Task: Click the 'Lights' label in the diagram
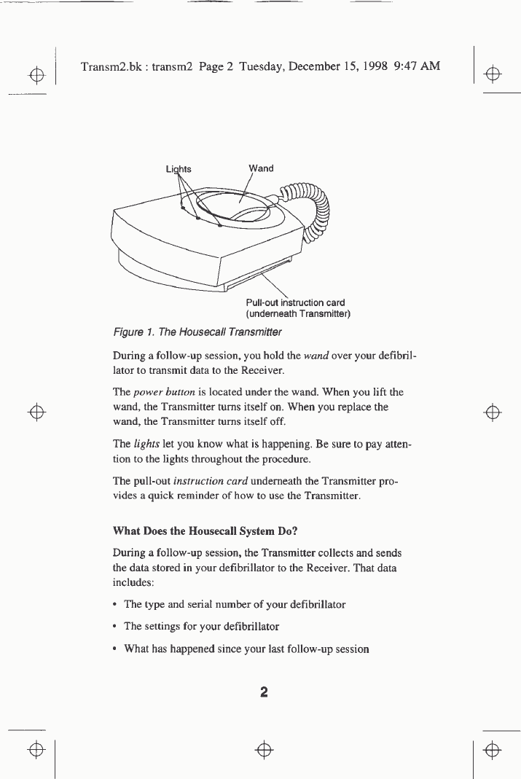point(179,168)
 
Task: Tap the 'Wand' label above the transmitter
point(261,168)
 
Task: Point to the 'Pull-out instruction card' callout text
point(295,302)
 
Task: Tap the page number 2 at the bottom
point(264,692)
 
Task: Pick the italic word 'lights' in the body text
point(144,445)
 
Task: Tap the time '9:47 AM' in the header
point(416,66)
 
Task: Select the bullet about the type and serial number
point(233,604)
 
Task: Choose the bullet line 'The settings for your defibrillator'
point(201,626)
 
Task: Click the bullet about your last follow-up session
point(246,648)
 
